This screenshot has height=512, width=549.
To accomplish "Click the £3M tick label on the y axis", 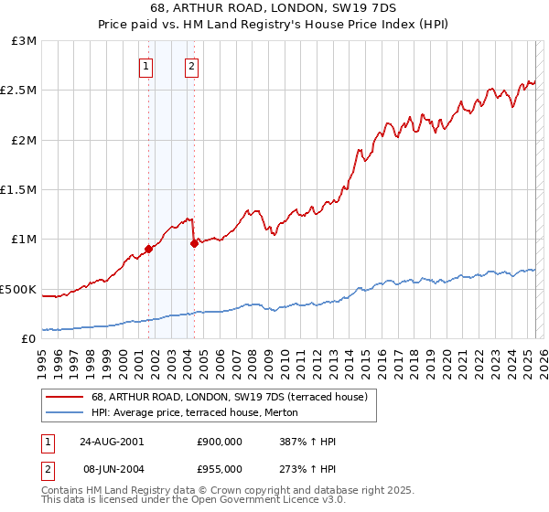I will click(x=25, y=41).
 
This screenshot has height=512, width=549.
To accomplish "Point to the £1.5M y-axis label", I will click(x=20, y=190).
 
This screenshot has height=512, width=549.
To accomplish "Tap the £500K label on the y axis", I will click(x=18, y=289).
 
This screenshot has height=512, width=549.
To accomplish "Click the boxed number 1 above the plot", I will click(x=146, y=66).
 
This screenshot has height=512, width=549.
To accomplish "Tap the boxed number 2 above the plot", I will click(x=191, y=66).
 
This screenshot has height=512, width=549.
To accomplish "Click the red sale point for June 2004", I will click(x=194, y=243).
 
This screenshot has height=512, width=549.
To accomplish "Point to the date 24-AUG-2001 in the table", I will click(x=112, y=442).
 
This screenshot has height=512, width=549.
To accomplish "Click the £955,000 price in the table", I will click(x=221, y=468).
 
